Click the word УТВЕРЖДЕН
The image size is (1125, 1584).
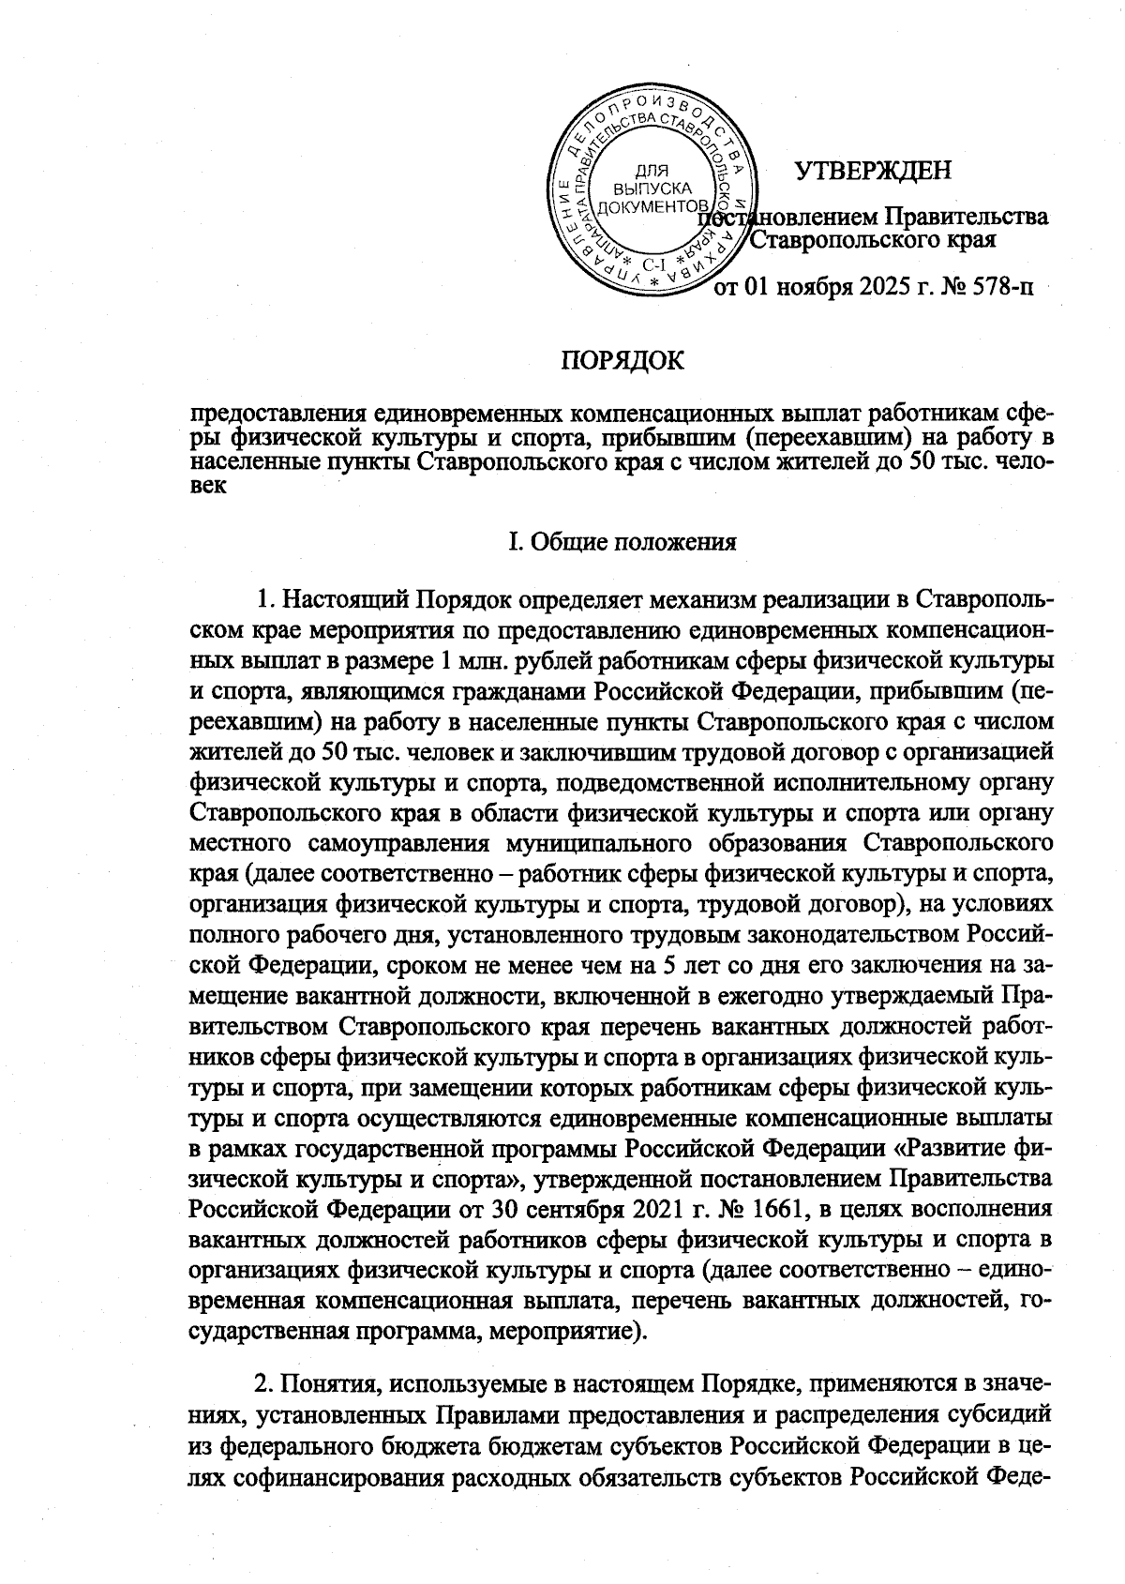point(872,171)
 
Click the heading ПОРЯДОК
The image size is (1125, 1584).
point(622,360)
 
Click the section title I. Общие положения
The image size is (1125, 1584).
point(622,542)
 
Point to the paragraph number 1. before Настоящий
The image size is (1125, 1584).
point(265,598)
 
